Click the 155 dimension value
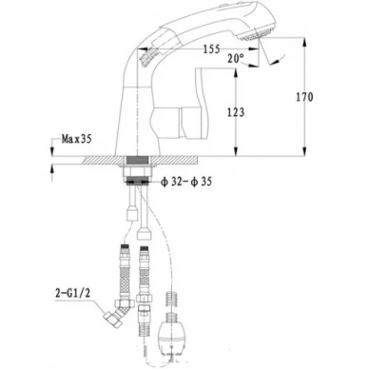point(211,49)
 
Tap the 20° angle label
point(236,58)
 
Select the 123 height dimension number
point(236,112)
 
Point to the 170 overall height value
point(304,97)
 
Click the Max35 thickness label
point(76,139)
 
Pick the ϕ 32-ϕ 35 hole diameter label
point(186,182)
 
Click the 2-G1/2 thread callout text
point(73,293)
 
